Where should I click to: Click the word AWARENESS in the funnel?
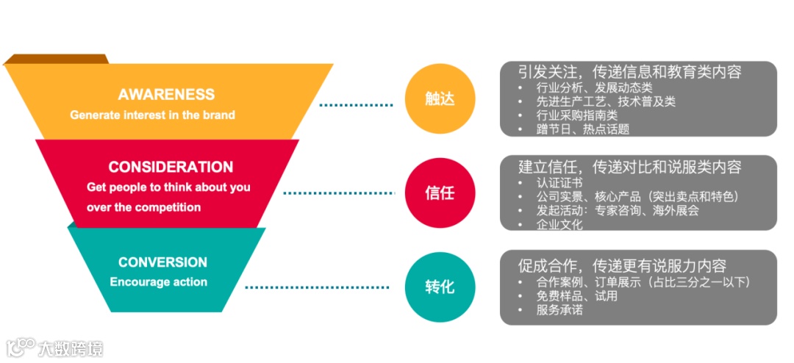(166, 94)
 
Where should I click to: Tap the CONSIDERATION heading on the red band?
(171, 167)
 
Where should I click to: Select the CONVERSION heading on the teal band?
(162, 262)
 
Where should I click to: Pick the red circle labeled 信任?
(440, 193)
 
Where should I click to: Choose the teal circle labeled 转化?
(440, 287)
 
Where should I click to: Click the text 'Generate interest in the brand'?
(152, 115)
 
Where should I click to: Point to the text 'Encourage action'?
(159, 282)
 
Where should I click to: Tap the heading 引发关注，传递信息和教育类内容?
(629, 72)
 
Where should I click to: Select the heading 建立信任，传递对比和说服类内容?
(629, 167)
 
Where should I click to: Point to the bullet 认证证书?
(559, 182)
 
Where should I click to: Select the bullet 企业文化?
(559, 224)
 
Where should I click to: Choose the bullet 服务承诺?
(559, 310)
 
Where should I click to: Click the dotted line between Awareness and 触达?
(357, 105)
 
